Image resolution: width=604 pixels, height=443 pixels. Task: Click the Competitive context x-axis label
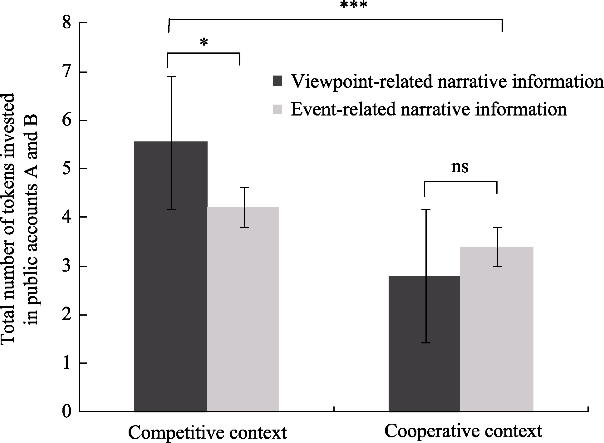click(x=207, y=433)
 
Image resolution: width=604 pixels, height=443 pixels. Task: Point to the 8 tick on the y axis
click(x=67, y=23)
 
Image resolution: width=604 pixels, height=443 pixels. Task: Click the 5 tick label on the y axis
click(x=67, y=169)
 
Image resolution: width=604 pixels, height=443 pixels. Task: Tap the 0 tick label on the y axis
click(x=67, y=411)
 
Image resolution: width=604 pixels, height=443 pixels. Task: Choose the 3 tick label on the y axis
click(x=67, y=266)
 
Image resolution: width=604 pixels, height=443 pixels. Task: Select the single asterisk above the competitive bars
click(x=204, y=43)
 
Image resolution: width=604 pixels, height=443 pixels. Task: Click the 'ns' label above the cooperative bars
click(x=460, y=168)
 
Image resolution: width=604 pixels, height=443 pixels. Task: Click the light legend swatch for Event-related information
click(x=277, y=110)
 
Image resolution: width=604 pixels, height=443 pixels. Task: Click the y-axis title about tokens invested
click(x=20, y=219)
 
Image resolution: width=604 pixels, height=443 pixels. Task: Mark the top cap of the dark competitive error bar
click(x=171, y=76)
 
